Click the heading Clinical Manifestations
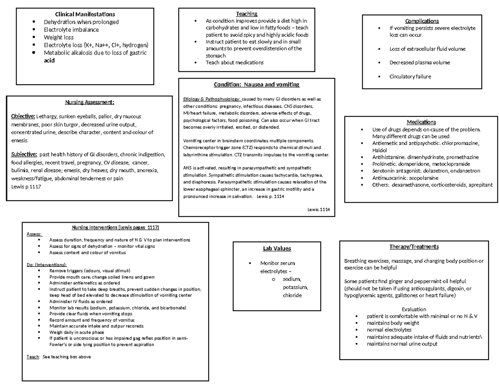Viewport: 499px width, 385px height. pyautogui.click(x=85, y=15)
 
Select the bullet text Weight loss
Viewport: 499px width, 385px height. pyautogui.click(x=59, y=37)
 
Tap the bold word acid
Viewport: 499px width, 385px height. pyautogui.click(x=49, y=61)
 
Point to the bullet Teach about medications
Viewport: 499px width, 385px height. pyautogui.click(x=235, y=63)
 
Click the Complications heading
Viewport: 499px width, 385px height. pyautogui.click(x=422, y=21)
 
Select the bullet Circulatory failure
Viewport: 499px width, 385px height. pyautogui.click(x=410, y=76)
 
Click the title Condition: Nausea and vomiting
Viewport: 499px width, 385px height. pyautogui.click(x=257, y=85)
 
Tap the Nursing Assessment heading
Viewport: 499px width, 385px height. pyautogui.click(x=89, y=102)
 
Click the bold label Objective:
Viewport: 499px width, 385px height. pyautogui.click(x=23, y=116)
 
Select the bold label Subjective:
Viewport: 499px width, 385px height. pyautogui.click(x=24, y=154)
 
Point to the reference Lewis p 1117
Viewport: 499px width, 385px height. pyautogui.click(x=26, y=186)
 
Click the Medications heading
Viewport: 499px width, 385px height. pyautogui.click(x=422, y=122)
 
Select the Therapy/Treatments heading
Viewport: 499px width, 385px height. pyautogui.click(x=414, y=247)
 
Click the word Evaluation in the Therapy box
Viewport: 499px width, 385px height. pyautogui.click(x=414, y=309)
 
